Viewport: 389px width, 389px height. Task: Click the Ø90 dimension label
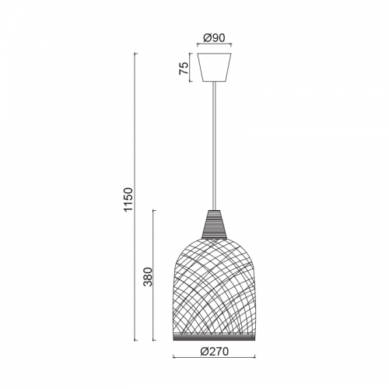(x=214, y=38)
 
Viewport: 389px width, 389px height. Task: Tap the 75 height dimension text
(x=184, y=68)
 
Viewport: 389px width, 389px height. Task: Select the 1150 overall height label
(x=128, y=199)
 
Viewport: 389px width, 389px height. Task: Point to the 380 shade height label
(x=149, y=276)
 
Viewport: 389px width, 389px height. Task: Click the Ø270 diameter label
(x=215, y=352)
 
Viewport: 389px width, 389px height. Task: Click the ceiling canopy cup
(x=214, y=68)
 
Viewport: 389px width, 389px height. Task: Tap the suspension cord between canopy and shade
(x=214, y=145)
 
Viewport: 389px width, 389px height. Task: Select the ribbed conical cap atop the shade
(x=214, y=224)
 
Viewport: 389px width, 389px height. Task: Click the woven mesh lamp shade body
(x=214, y=286)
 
